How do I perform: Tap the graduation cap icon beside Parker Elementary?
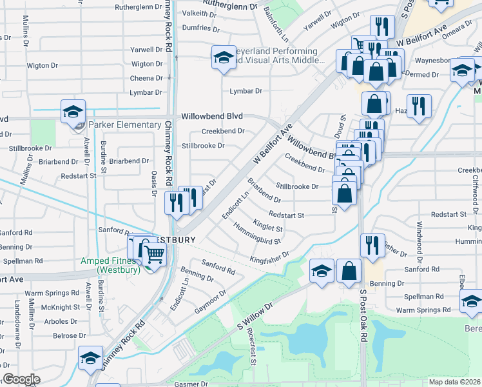click(x=73, y=111)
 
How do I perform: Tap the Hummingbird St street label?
click(x=257, y=233)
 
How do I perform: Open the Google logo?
click(x=21, y=379)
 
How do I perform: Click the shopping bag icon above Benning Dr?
click(x=349, y=272)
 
